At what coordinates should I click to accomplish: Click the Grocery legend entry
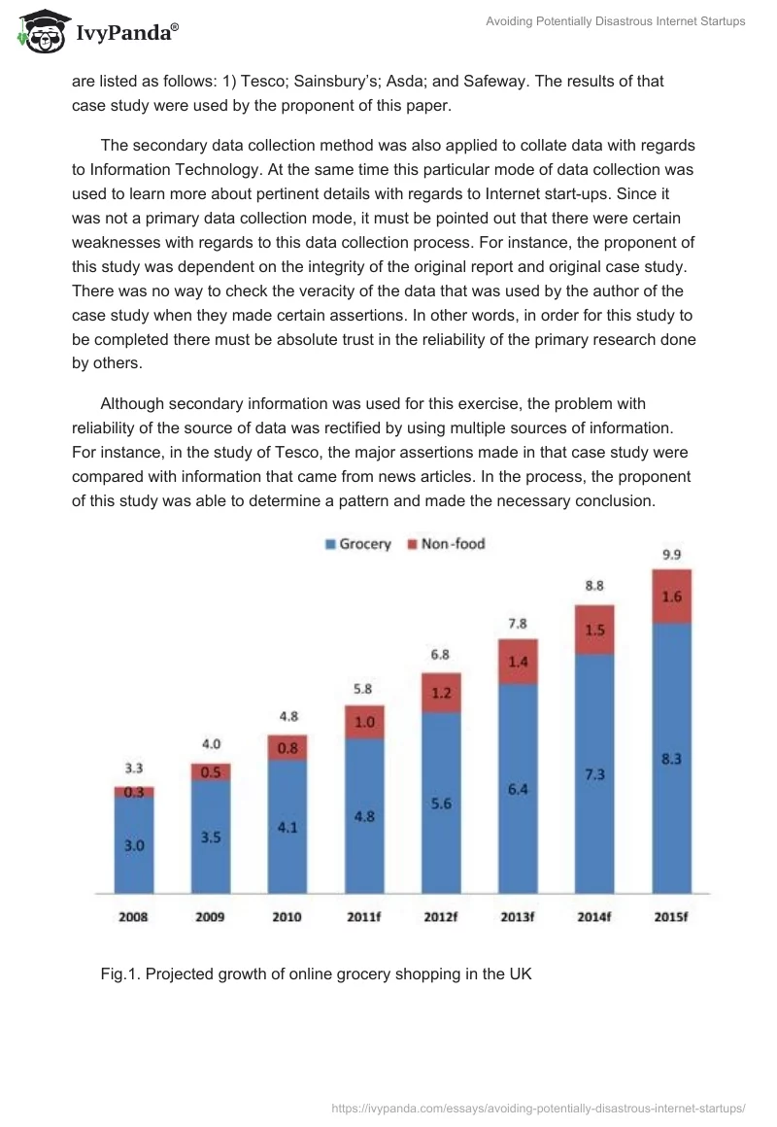[x=357, y=544]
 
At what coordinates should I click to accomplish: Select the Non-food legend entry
[x=446, y=544]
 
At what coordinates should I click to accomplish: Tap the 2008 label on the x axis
[x=133, y=916]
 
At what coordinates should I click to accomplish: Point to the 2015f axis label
[x=672, y=916]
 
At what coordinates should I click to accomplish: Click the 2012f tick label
[x=441, y=916]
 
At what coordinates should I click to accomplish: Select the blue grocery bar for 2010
[x=287, y=826]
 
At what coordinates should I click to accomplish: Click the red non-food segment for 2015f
[x=672, y=597]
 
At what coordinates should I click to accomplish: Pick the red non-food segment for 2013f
[x=518, y=662]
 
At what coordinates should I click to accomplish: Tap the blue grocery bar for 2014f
[x=594, y=772]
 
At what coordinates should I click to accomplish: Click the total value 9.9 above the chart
[x=672, y=555]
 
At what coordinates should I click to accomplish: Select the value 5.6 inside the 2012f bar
[x=441, y=803]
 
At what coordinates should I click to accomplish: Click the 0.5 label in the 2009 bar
[x=210, y=772]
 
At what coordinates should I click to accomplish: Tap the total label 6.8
[x=441, y=656]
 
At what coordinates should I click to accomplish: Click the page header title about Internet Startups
[x=615, y=21]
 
